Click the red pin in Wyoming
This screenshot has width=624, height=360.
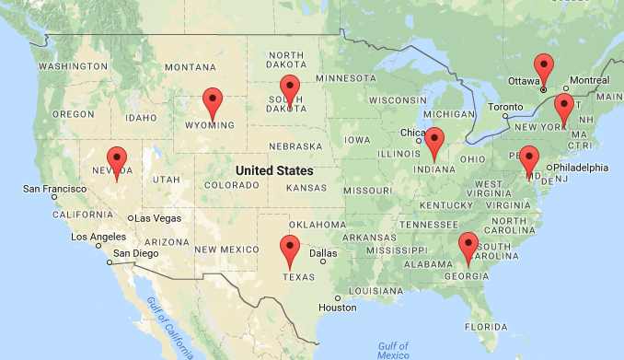click(x=213, y=99)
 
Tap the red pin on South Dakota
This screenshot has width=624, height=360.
click(x=290, y=89)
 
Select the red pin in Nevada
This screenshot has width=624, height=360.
click(x=117, y=158)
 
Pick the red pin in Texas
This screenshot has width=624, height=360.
click(x=290, y=248)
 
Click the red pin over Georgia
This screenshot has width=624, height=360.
click(x=468, y=246)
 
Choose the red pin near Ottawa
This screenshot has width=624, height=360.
click(x=545, y=67)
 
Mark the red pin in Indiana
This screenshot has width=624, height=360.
click(x=434, y=140)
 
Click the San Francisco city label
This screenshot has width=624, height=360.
click(x=56, y=189)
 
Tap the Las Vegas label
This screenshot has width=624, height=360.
click(x=157, y=218)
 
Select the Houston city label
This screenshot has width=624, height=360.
click(x=337, y=307)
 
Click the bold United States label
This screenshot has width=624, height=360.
click(x=274, y=171)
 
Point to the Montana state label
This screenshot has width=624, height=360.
click(x=191, y=67)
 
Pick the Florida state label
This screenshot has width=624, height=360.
click(x=487, y=326)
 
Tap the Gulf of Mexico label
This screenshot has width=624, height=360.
click(x=393, y=351)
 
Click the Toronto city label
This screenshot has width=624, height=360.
click(x=505, y=107)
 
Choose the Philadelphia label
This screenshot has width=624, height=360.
click(x=581, y=168)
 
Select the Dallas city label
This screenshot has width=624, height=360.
click(x=323, y=253)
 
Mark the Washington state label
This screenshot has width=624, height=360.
click(x=72, y=67)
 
